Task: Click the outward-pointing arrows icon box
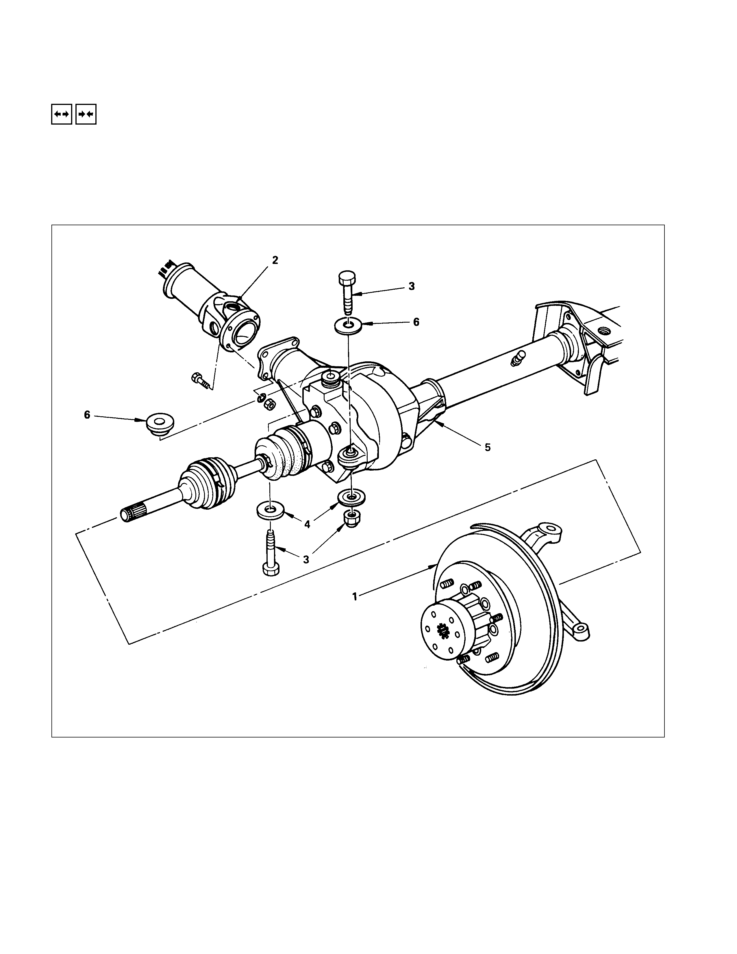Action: click(x=62, y=114)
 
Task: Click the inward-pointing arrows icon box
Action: click(x=86, y=114)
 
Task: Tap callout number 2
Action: click(x=275, y=260)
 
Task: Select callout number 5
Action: click(x=488, y=447)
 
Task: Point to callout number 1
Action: click(x=355, y=596)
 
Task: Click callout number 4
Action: click(x=308, y=524)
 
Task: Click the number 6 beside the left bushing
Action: click(x=87, y=415)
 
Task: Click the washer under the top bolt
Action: click(x=348, y=326)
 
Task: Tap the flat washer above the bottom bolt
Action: click(x=270, y=510)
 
